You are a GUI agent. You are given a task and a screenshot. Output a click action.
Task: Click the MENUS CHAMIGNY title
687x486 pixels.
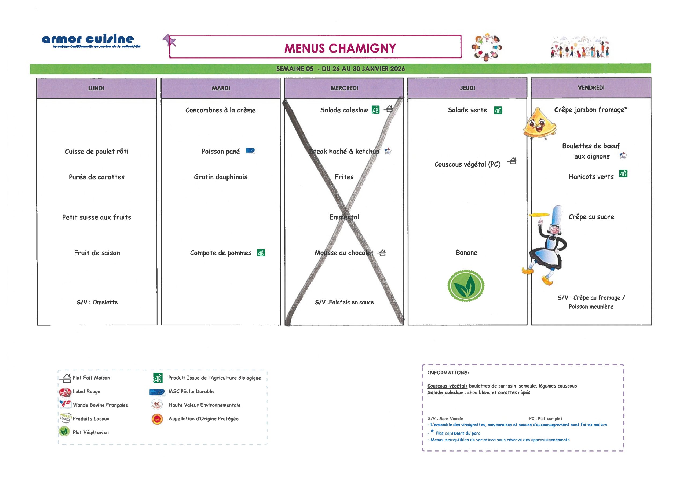coord(340,48)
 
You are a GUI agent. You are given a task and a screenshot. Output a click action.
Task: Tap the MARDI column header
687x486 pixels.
coord(221,88)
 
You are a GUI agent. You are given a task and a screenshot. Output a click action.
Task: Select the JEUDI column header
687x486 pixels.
coord(467,88)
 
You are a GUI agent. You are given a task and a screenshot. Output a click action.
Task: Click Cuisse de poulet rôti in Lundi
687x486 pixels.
coord(96,152)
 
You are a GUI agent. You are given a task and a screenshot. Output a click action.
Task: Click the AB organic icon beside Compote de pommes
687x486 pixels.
coord(261,253)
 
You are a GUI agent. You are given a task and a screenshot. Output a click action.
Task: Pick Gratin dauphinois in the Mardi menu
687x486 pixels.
coord(221,177)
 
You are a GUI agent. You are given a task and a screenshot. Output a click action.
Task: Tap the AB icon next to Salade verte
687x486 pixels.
coord(498,111)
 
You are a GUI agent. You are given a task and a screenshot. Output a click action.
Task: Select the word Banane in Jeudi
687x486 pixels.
coord(466,253)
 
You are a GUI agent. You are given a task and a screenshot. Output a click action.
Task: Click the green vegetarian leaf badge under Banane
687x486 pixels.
coord(466,286)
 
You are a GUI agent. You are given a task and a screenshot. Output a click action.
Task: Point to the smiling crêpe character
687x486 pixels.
coord(539,124)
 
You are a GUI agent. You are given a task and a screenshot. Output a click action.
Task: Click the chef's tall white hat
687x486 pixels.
coord(557,215)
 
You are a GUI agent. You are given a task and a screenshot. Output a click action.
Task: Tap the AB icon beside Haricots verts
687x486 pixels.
coord(623,174)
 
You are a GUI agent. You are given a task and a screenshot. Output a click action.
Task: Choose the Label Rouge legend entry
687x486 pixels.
coord(86,391)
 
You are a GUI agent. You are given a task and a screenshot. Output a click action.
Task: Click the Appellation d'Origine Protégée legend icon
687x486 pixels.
coord(157,419)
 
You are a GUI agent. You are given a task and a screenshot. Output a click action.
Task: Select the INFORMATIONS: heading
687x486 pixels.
coord(448,373)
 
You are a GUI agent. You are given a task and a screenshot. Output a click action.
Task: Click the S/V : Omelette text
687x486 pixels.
coord(97,302)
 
